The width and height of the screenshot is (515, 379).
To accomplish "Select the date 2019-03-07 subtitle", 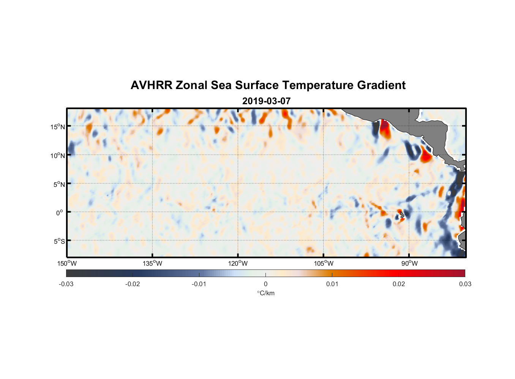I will [x=266, y=101].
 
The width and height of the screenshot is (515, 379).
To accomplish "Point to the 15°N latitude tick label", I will [x=58, y=127].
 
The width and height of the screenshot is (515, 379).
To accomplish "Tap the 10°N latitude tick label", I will [x=58, y=155].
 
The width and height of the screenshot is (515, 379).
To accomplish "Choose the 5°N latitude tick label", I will [x=59, y=184].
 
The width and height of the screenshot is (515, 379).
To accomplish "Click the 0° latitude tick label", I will [x=60, y=213].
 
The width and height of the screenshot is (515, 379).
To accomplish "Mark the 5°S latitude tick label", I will [x=59, y=241].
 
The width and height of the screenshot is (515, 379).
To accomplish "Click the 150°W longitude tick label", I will [x=67, y=263].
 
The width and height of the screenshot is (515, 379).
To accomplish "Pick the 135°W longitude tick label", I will [x=153, y=263].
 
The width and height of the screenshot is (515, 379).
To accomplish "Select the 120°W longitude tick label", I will [x=238, y=263].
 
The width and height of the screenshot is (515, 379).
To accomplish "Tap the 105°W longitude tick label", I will [x=324, y=263].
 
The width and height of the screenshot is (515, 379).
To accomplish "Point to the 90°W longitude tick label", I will [x=409, y=263].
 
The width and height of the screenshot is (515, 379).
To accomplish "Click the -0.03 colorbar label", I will [x=66, y=284].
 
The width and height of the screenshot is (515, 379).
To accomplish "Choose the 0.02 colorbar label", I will [x=399, y=284].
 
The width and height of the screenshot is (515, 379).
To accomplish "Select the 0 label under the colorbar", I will [x=265, y=284].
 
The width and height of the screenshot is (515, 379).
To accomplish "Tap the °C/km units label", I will [x=265, y=293].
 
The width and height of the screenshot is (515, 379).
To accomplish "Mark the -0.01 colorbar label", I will [x=199, y=284].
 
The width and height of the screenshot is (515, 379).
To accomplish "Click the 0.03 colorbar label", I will [x=465, y=284].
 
